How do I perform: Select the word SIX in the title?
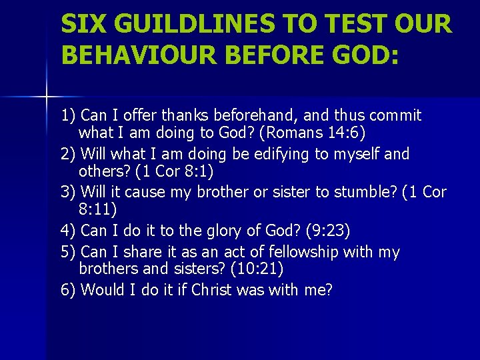click(81, 25)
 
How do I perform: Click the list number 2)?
click(69, 154)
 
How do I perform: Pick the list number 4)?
click(69, 231)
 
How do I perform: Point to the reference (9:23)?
click(328, 231)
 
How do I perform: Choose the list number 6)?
click(69, 290)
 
